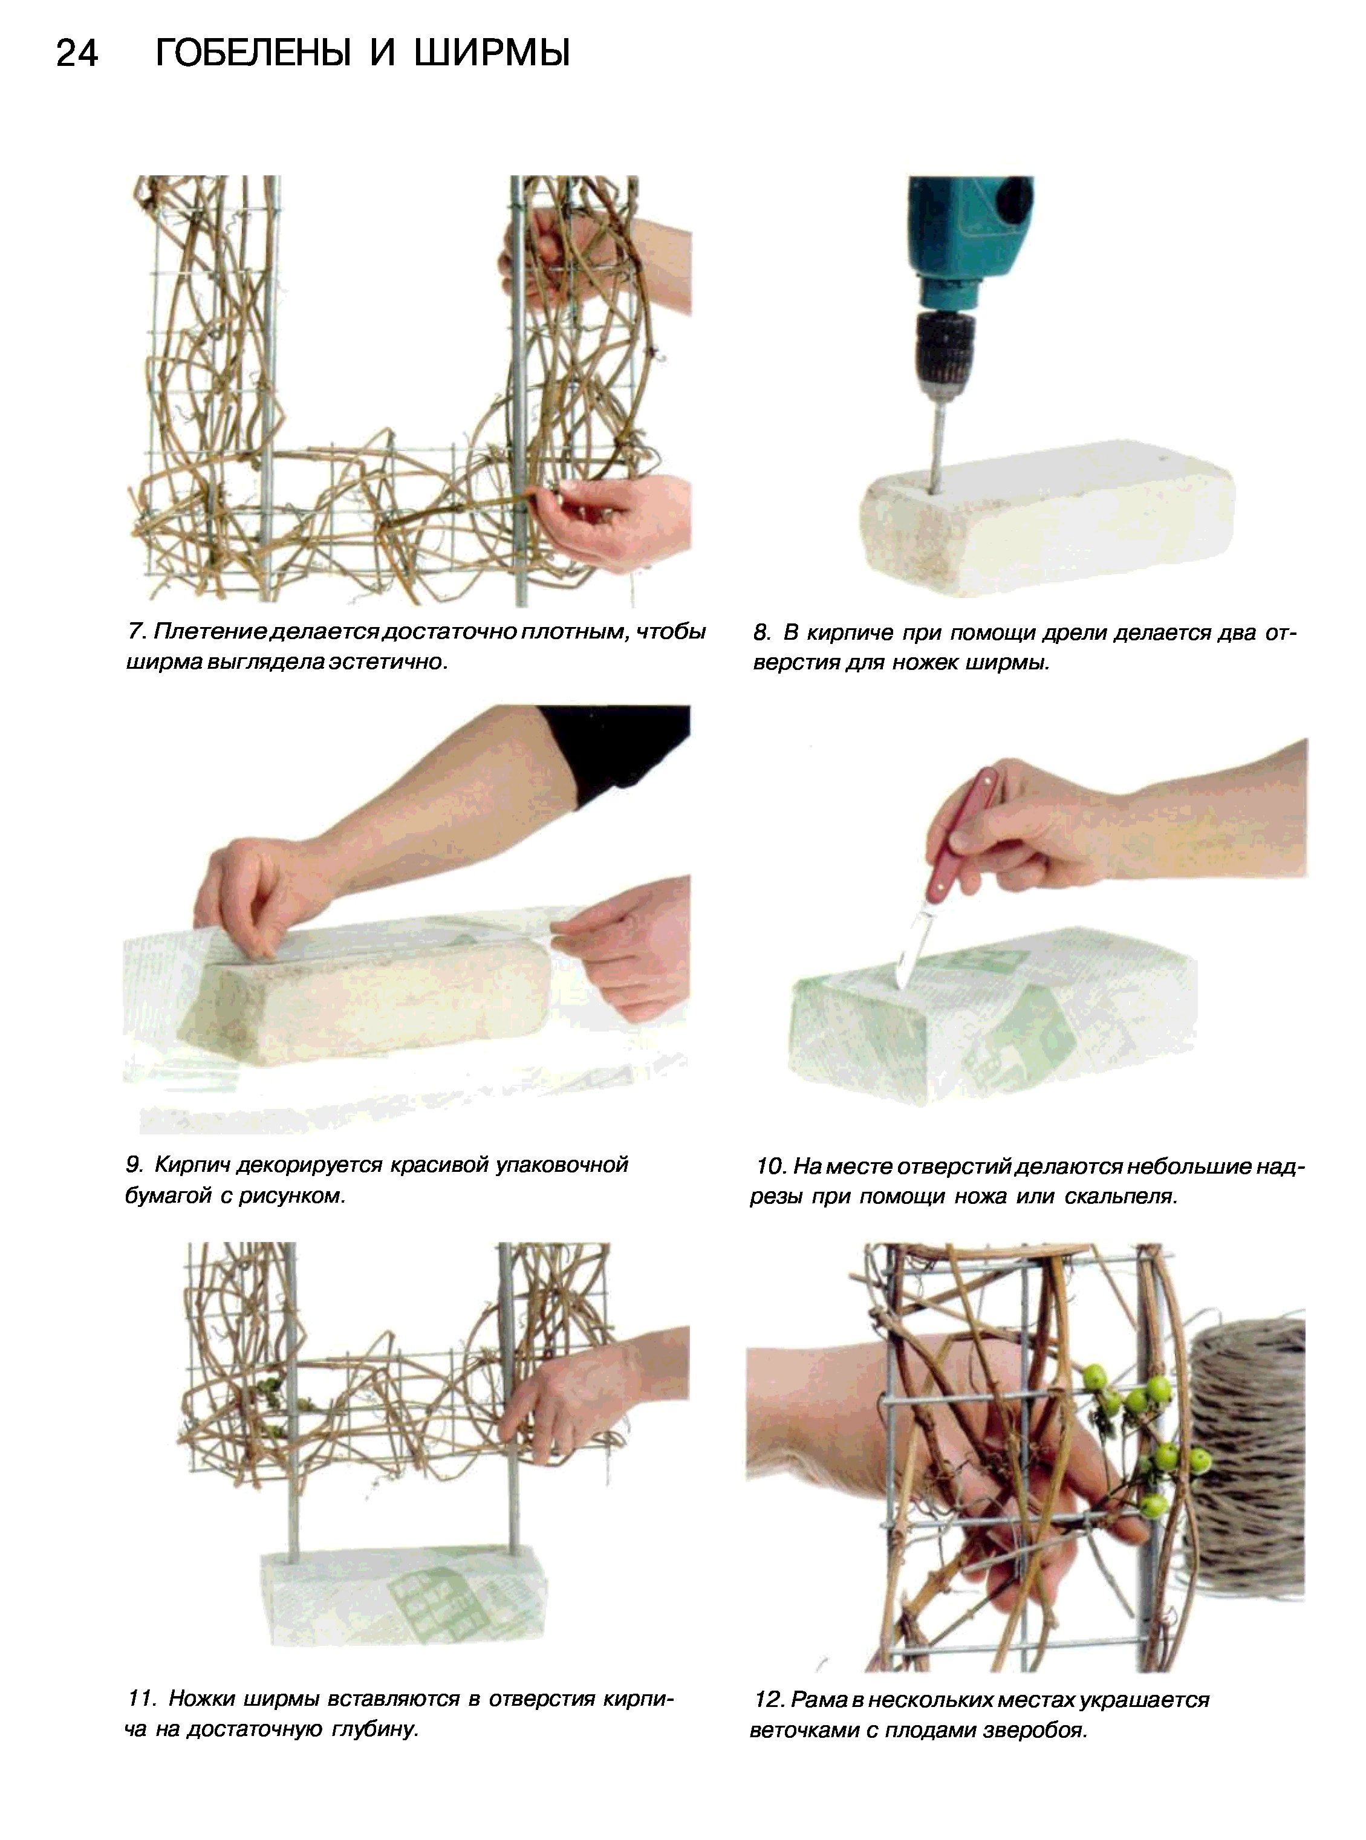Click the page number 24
click(x=78, y=54)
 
